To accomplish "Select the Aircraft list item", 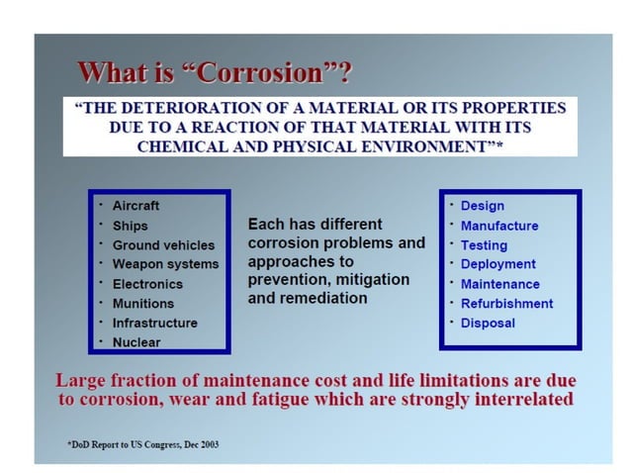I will coord(135,206).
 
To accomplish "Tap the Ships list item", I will coord(130,226).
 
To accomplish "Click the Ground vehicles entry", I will coord(162,244).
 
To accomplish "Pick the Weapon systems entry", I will coord(165,264).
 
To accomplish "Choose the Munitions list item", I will coord(142,304).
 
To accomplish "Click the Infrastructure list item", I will coord(154,323).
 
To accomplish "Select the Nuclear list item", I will coord(135,342).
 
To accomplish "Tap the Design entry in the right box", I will coord(482,206).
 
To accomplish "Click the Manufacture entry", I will coord(499,226).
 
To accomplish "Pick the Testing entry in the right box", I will coord(484,245).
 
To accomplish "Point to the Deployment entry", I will coord(497,264).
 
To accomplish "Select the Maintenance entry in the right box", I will coord(499,284).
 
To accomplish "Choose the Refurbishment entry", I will coord(506,304).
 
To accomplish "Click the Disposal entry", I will coord(488,323).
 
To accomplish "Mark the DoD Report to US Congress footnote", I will coord(143,444).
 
